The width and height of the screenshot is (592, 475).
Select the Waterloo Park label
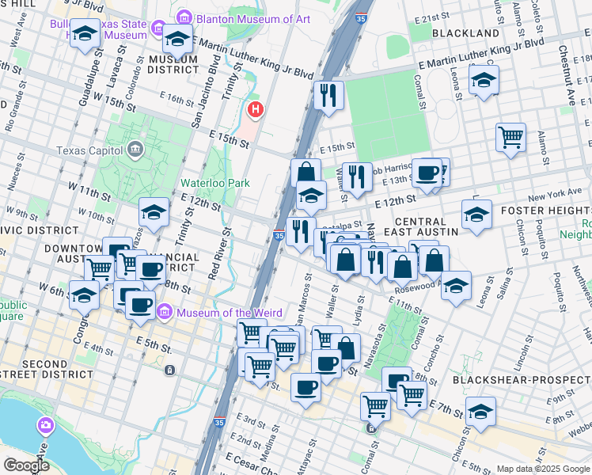point(214,183)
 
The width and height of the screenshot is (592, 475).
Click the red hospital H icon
point(255,108)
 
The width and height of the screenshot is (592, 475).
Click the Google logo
point(26,465)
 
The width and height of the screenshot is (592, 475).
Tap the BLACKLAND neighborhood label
point(466,33)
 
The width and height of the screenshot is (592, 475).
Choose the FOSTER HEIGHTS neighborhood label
point(546,210)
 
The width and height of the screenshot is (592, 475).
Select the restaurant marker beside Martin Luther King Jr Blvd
point(328,95)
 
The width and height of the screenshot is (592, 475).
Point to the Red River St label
point(218,253)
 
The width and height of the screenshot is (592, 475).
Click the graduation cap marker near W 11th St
point(154,211)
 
